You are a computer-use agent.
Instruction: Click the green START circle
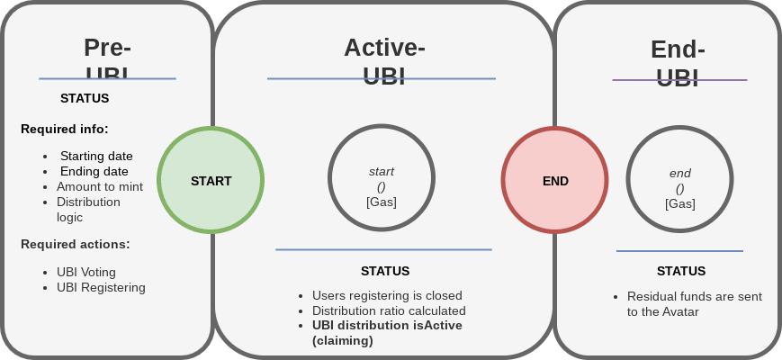point(211,181)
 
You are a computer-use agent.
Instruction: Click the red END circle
point(554,181)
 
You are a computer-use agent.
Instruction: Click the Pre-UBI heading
point(107,60)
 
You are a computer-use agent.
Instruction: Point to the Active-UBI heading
point(384,60)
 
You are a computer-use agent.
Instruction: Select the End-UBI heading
point(678,63)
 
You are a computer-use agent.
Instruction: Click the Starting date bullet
point(96,156)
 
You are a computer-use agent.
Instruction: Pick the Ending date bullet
point(94,171)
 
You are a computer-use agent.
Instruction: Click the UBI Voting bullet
point(85,272)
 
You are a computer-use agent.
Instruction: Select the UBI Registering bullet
point(101,287)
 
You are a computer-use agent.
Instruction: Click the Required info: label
point(64,129)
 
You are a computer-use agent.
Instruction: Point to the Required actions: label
point(75,244)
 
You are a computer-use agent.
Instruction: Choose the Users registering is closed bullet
point(387,295)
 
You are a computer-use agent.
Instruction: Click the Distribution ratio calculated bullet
point(389,310)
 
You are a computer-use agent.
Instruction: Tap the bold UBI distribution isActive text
point(387,326)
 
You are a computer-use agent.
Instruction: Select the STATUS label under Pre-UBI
point(85,98)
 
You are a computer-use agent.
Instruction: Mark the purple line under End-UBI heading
point(679,80)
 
